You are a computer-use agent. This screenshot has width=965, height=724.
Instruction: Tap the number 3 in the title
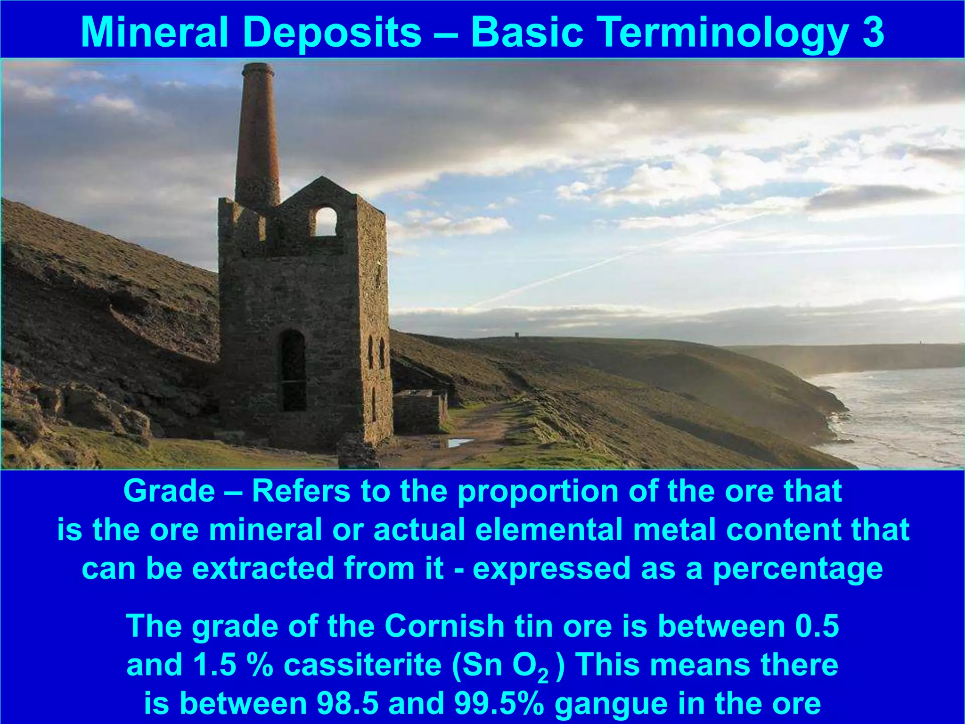873,32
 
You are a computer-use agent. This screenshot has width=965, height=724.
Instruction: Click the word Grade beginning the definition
169,492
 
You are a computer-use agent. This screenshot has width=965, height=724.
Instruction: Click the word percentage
797,569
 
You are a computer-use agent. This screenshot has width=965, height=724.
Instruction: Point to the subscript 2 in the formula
543,675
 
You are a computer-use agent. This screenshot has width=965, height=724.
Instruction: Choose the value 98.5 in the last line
348,704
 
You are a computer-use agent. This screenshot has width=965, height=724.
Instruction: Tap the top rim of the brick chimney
258,66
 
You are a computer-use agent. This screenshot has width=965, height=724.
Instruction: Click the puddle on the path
459,442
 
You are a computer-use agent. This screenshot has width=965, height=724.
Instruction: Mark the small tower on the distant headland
517,335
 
